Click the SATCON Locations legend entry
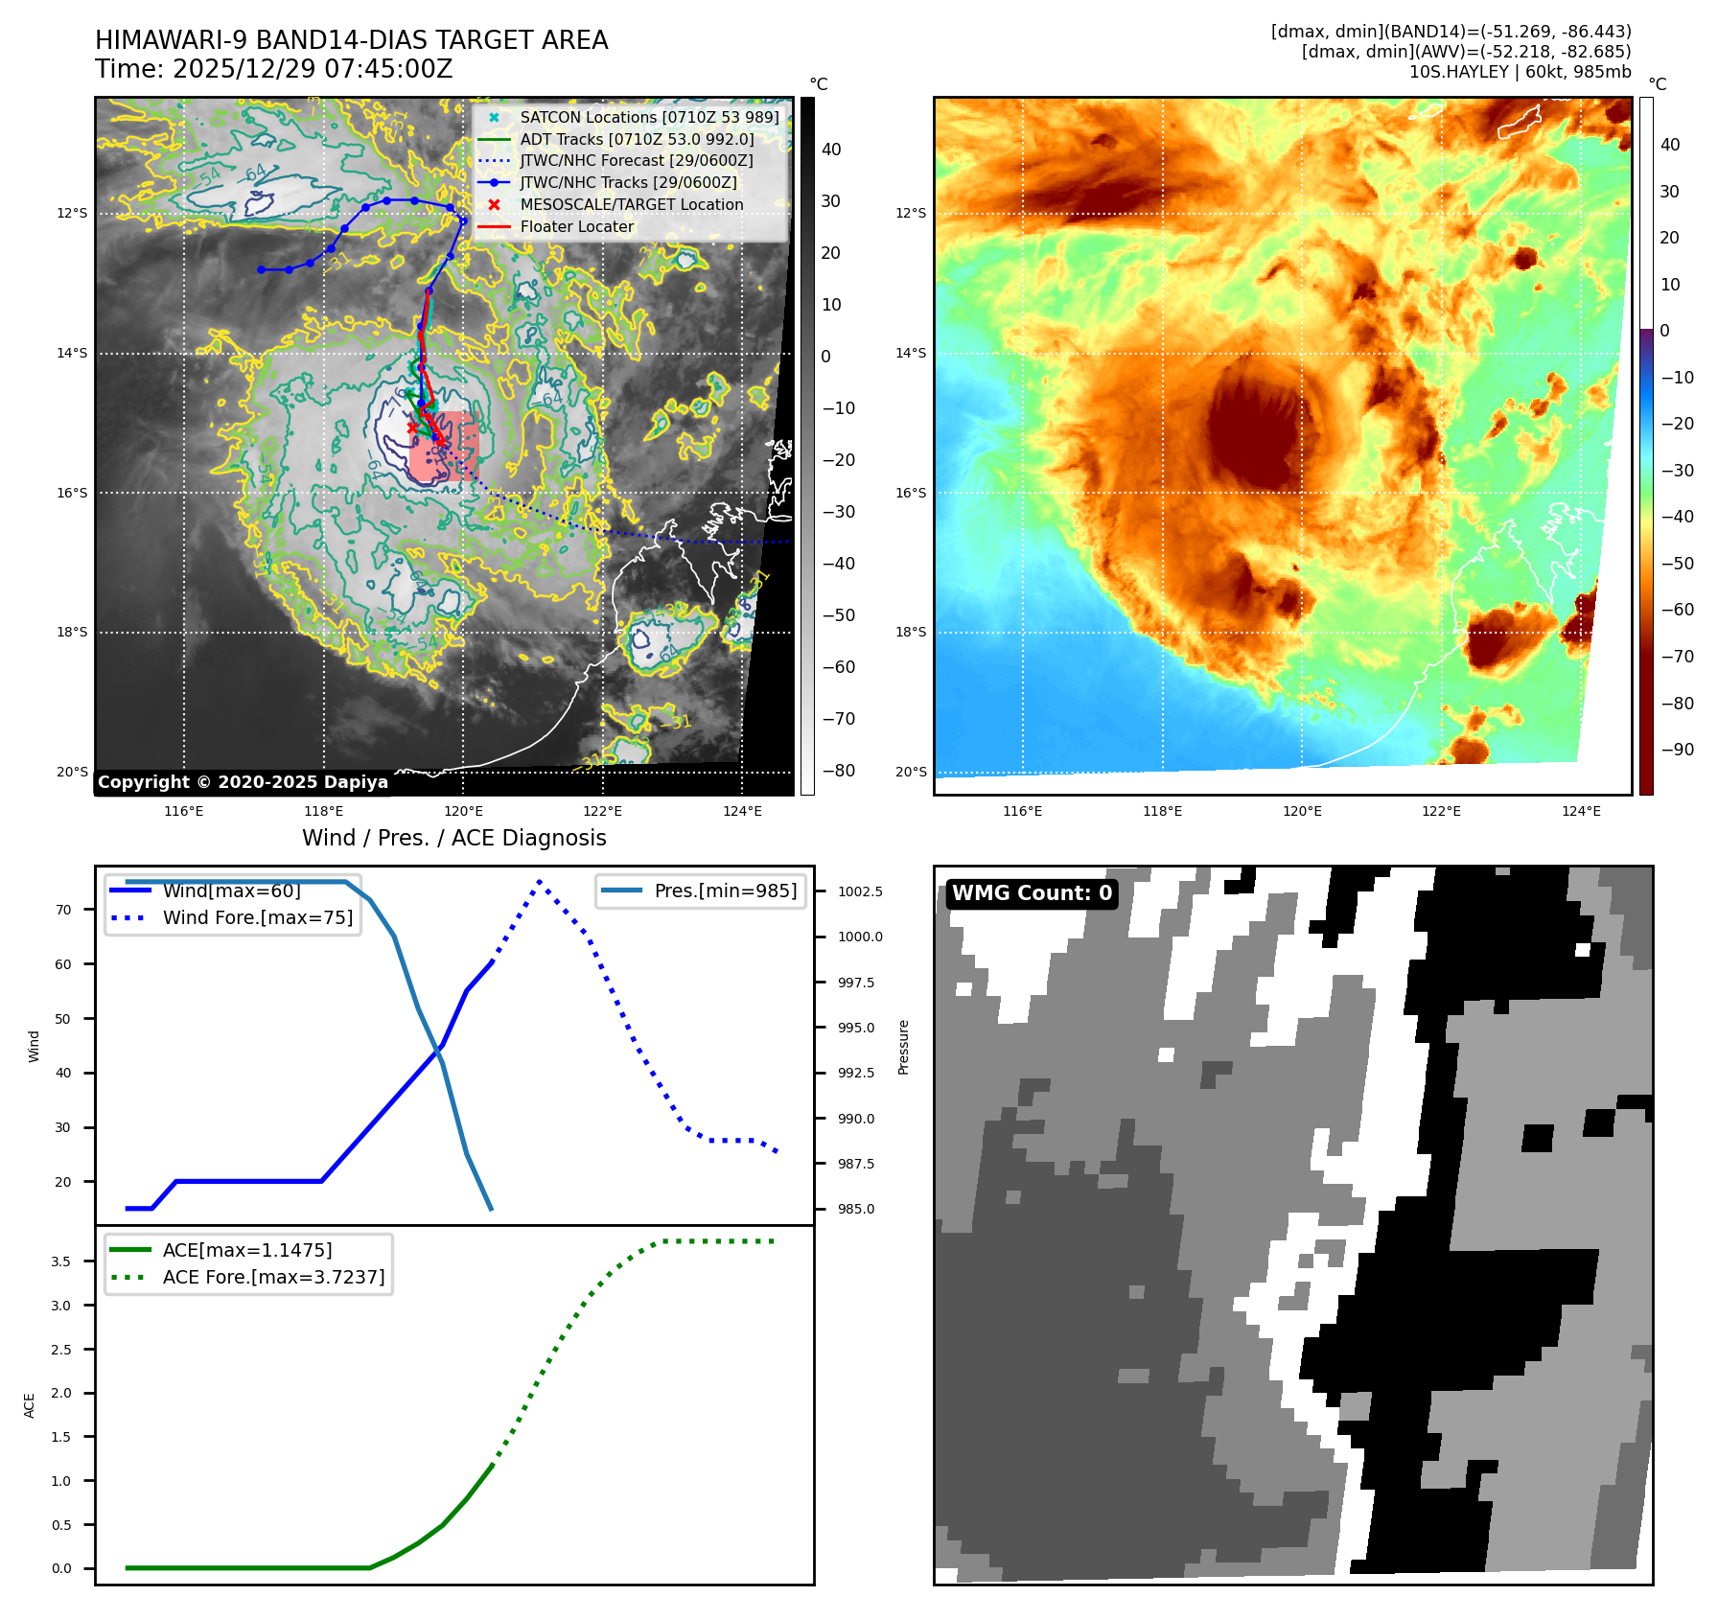[x=649, y=117]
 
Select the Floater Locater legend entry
[x=576, y=226]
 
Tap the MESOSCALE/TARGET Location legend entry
[x=631, y=204]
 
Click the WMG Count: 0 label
[x=1032, y=893]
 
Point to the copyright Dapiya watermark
[x=243, y=782]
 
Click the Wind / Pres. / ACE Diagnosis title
[x=453, y=838]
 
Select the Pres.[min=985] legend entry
[x=725, y=891]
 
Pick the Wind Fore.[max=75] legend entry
[x=257, y=917]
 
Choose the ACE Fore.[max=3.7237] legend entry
[x=273, y=1277]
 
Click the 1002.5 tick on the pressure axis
[x=860, y=891]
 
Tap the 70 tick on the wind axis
[x=63, y=910]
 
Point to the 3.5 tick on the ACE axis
[x=61, y=1261]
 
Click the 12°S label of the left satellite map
[x=72, y=213]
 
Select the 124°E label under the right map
[x=1581, y=811]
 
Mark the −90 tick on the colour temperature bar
[x=1677, y=750]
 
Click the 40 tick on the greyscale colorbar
[x=831, y=150]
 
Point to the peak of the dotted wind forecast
[x=540, y=881]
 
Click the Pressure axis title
[x=903, y=1047]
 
